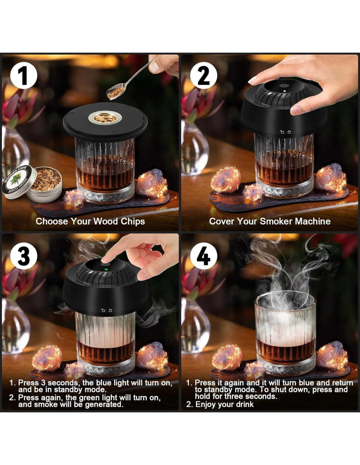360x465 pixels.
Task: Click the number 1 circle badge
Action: pos(24,75)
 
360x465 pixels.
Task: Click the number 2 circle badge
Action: pos(204,75)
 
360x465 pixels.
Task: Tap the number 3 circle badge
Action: pos(24,256)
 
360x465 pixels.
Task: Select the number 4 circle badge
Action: pos(204,256)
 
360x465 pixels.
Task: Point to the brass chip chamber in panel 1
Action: pos(105,118)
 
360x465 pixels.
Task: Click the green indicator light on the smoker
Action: pos(106,269)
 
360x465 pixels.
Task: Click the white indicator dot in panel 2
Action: pos(285,91)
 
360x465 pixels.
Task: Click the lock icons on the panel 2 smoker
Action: pos(285,132)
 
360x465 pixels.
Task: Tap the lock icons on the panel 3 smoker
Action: pos(106,310)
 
